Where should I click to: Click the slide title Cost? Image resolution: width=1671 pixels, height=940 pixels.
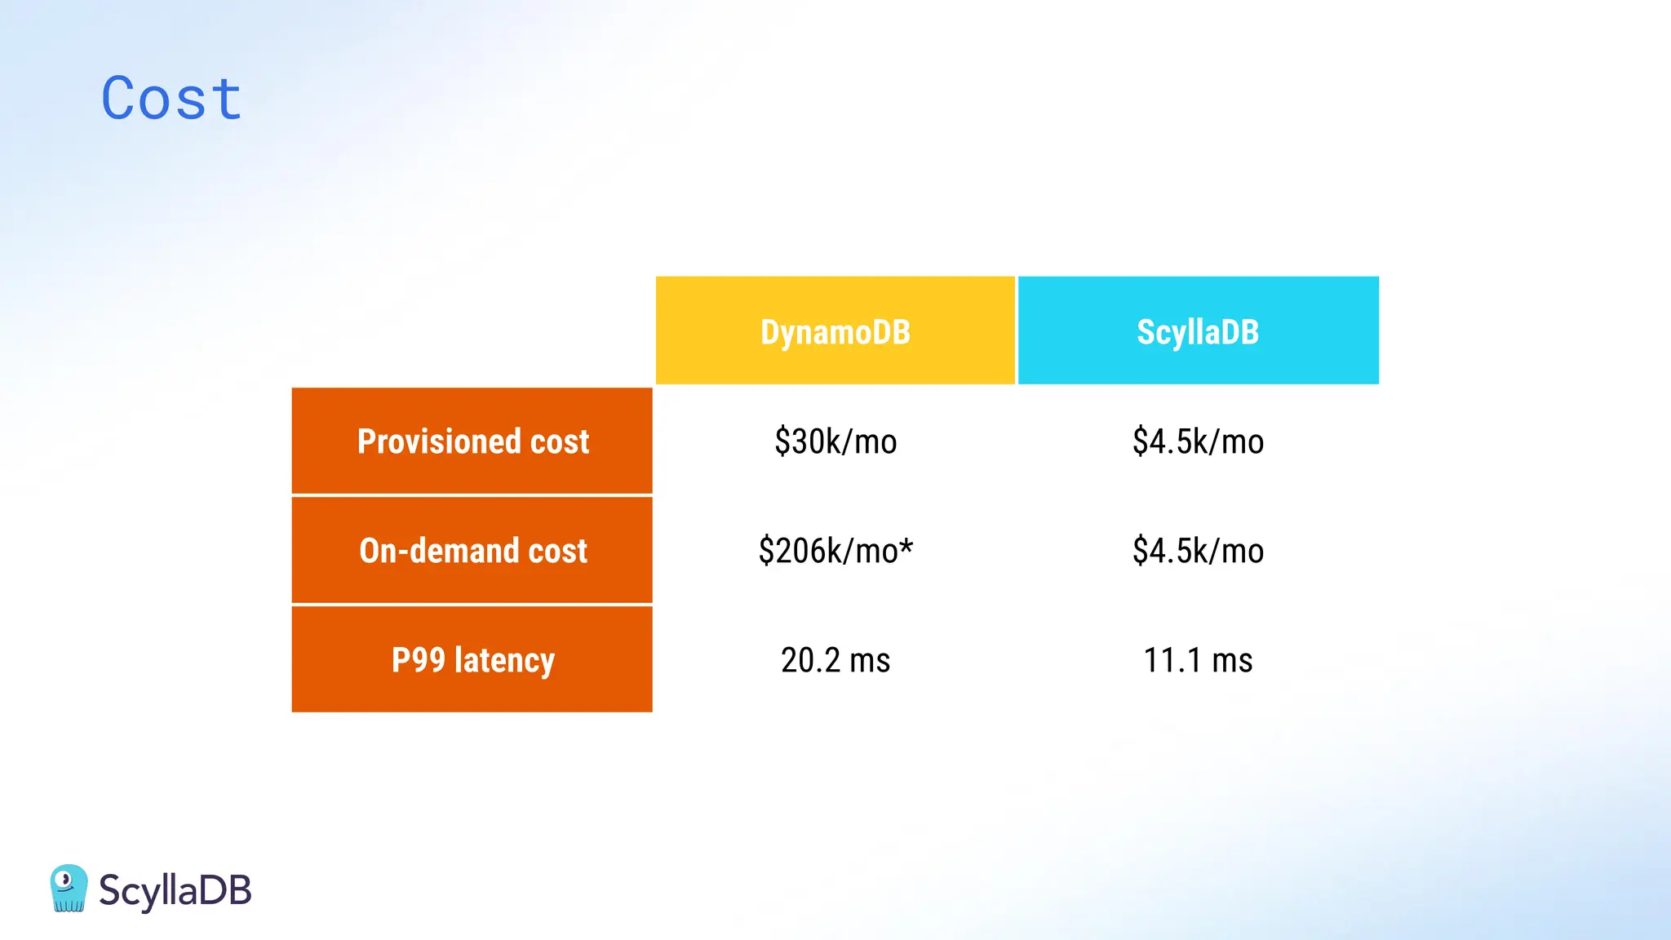click(171, 99)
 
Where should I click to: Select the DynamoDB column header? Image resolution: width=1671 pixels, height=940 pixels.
click(835, 331)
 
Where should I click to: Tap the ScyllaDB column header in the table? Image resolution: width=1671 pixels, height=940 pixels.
click(1198, 331)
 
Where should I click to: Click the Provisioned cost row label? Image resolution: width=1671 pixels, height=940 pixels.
click(472, 441)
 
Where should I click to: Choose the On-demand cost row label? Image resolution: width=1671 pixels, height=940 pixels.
click(472, 551)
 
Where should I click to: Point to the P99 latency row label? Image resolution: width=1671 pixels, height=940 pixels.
click(472, 659)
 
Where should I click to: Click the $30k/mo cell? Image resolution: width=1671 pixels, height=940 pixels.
click(835, 441)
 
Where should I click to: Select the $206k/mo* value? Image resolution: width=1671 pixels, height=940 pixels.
click(835, 551)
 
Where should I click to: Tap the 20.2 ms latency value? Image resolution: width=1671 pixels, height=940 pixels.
click(835, 660)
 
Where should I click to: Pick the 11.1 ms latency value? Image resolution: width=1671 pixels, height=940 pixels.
click(1198, 660)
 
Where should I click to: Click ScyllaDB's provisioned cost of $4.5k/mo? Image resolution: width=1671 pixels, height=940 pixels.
click(1198, 441)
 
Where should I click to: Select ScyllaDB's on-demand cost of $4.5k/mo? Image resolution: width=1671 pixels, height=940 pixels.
click(1198, 551)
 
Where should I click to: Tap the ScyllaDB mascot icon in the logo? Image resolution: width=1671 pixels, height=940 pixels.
click(69, 888)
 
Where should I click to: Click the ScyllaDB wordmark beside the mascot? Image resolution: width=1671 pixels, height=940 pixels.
click(175, 890)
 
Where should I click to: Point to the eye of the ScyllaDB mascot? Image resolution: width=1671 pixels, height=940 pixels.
click(66, 880)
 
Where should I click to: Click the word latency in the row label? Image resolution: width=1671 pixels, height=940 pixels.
click(504, 660)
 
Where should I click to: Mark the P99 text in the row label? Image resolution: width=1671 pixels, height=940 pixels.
click(418, 659)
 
